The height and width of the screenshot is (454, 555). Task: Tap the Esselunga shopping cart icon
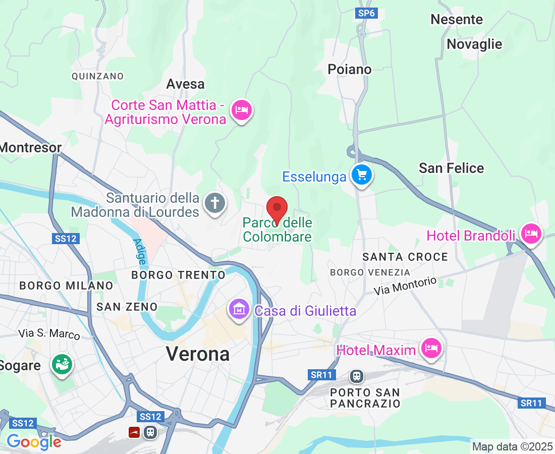[361, 175]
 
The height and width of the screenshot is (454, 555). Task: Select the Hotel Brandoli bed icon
[531, 234]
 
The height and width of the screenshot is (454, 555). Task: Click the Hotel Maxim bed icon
[431, 348]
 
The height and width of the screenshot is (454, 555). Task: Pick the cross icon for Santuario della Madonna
[215, 204]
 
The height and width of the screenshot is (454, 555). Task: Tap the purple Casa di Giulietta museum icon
[239, 309]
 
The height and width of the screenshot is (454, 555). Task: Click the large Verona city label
[198, 354]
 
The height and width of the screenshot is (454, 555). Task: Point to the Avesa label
[185, 84]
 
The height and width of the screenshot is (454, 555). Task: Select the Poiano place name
[349, 69]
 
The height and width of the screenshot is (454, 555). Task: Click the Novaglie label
[474, 44]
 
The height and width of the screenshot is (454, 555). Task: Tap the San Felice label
[451, 168]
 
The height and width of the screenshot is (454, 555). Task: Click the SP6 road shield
[366, 14]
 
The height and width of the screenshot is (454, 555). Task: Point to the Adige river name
[139, 251]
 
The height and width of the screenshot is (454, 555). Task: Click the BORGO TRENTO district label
[178, 275]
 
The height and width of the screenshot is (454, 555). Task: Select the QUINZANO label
[98, 76]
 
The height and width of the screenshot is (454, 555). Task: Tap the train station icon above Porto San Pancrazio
[357, 376]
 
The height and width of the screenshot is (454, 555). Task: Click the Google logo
[34, 442]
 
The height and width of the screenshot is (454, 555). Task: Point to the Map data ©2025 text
[512, 446]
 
